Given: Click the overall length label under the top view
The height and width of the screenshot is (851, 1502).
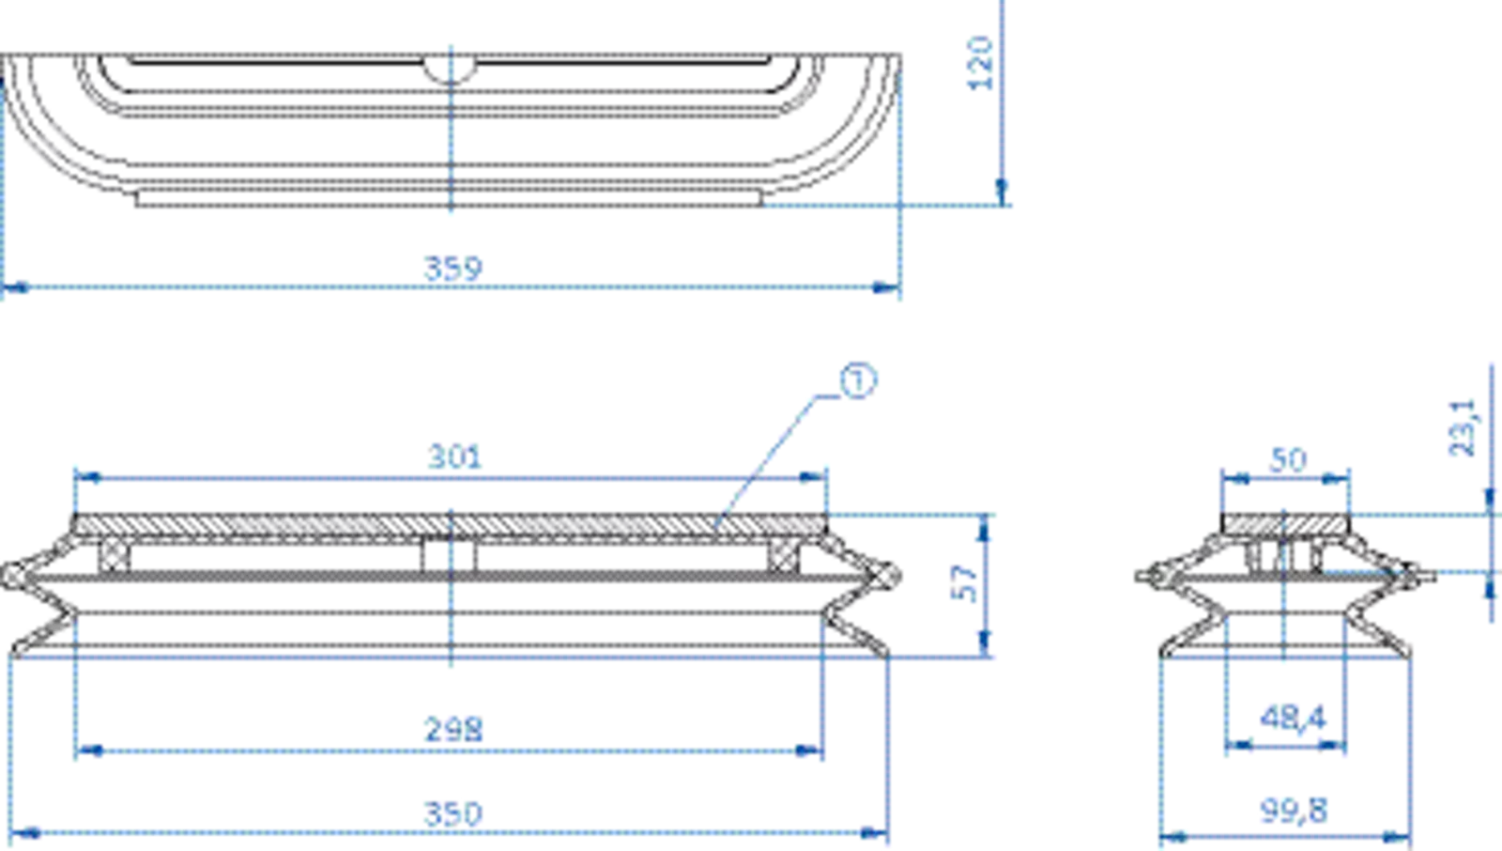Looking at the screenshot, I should click(x=453, y=267).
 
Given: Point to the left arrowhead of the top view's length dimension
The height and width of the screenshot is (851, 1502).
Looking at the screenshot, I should click(x=15, y=289).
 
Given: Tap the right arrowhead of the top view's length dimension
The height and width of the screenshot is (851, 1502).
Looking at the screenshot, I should click(x=883, y=289).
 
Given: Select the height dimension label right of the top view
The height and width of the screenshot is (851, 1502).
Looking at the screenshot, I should click(x=980, y=64).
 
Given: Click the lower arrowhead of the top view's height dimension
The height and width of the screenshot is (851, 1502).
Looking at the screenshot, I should click(x=1002, y=191).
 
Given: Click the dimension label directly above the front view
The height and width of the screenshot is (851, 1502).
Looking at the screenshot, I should click(x=455, y=456).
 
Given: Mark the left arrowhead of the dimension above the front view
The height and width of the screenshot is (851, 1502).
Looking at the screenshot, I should click(x=90, y=477).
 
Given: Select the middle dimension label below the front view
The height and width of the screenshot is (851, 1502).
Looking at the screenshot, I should click(x=455, y=727).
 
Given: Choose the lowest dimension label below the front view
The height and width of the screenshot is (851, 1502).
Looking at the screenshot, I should click(x=455, y=810).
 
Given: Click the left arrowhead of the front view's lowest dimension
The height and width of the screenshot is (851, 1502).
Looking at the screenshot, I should click(x=28, y=830).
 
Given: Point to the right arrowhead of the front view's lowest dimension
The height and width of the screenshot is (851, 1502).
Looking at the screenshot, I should click(x=871, y=830).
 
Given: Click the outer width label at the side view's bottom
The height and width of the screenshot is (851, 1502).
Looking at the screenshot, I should click(x=1293, y=807).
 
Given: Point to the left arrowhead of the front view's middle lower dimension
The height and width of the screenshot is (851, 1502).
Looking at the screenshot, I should click(x=90, y=749).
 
